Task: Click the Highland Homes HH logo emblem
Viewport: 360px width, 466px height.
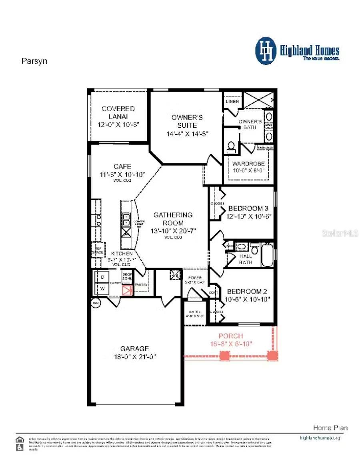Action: (x=266, y=51)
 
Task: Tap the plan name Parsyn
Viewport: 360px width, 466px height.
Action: (x=34, y=61)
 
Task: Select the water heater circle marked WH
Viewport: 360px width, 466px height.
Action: (x=96, y=303)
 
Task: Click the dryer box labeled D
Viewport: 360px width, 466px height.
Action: (x=102, y=277)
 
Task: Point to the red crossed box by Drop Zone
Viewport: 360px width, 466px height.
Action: (x=127, y=290)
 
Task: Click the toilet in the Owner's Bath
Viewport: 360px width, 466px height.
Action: (x=231, y=147)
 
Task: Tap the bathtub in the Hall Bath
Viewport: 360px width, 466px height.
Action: (x=267, y=254)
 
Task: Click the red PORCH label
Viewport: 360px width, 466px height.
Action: (x=230, y=336)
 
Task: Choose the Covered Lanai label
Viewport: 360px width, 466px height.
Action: (x=118, y=112)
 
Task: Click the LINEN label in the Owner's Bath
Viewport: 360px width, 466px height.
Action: (x=232, y=101)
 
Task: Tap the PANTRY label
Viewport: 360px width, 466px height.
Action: (x=141, y=285)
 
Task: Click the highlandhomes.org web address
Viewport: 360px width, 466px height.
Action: (x=320, y=438)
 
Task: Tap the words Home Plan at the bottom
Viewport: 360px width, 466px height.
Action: (x=330, y=428)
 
